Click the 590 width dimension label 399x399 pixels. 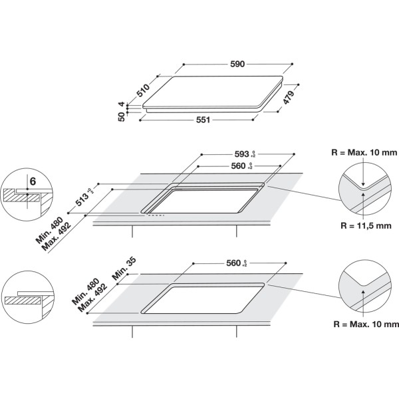(237, 64)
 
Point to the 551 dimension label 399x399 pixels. (203, 120)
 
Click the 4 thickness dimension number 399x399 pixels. (122, 105)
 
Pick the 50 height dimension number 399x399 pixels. (122, 118)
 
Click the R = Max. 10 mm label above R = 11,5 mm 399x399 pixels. (364, 152)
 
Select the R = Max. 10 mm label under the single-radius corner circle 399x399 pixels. (364, 324)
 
